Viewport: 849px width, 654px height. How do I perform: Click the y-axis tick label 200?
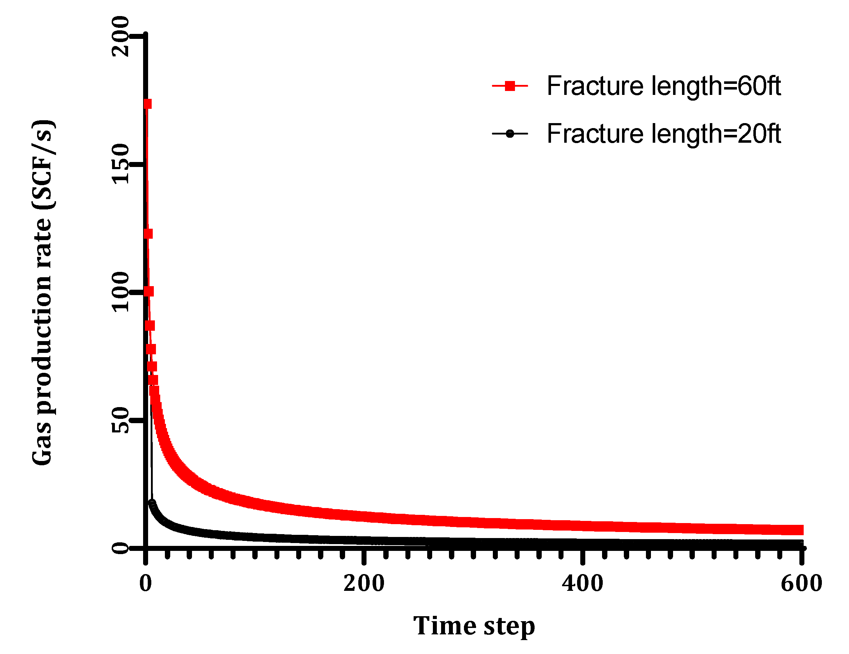(120, 36)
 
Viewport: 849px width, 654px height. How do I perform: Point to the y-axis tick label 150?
(120, 164)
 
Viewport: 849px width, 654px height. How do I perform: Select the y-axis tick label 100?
(120, 291)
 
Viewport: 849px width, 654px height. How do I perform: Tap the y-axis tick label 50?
(120, 420)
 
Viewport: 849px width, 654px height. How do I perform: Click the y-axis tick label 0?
(120, 548)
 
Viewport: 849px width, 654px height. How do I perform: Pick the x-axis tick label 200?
(364, 583)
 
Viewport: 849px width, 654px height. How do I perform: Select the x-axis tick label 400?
(582, 583)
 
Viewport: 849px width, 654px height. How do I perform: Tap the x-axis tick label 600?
(801, 583)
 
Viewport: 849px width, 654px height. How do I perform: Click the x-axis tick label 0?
(145, 583)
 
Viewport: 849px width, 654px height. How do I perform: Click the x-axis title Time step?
(474, 626)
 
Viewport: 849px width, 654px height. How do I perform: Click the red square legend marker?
(510, 86)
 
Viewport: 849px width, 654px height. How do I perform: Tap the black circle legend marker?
(510, 134)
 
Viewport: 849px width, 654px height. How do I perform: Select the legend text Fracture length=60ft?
(663, 86)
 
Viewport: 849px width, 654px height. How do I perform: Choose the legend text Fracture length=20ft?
(663, 134)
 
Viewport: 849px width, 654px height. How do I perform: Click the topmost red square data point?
(147, 104)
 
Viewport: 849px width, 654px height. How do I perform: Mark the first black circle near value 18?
(152, 502)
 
